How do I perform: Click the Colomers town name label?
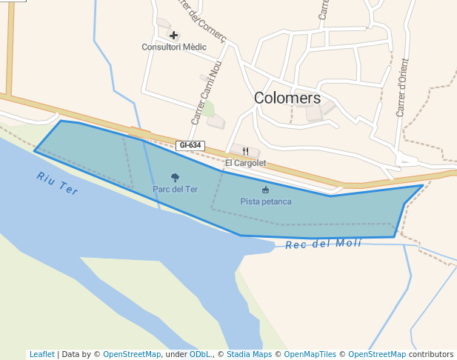[x=287, y=98]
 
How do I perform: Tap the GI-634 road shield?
[x=190, y=145]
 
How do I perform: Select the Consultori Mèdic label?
[x=174, y=47]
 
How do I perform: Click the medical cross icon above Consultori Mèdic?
[x=174, y=35]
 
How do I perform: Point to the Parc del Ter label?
[x=176, y=189]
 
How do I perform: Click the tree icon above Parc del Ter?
[x=176, y=178]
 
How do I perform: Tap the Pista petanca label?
[x=266, y=201]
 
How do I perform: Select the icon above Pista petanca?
[x=266, y=190]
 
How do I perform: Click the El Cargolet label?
[x=245, y=163]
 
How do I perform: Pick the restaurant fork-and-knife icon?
[x=245, y=151]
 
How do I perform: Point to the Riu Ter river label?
[x=57, y=183]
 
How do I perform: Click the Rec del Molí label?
[x=324, y=244]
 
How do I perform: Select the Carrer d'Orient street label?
[x=402, y=87]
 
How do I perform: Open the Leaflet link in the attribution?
[x=42, y=354]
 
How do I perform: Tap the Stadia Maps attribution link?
[x=248, y=354]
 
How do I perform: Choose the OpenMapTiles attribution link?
[x=312, y=354]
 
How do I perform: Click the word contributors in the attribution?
[x=431, y=354]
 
